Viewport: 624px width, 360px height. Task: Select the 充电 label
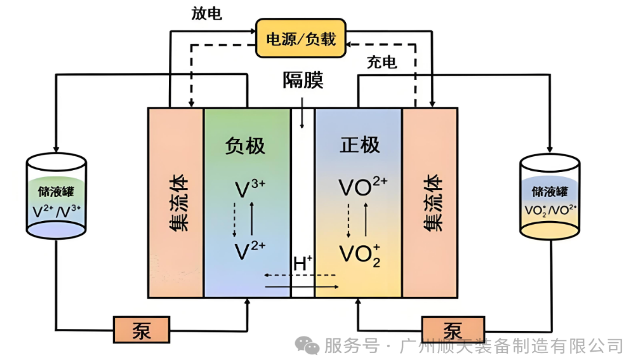[382, 62]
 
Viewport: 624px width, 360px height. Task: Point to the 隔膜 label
[303, 81]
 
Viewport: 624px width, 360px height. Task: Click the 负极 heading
[245, 145]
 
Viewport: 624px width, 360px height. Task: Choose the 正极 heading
[359, 145]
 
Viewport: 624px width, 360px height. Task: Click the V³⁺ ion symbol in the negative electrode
[249, 189]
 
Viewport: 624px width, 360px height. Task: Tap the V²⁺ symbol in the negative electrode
[249, 250]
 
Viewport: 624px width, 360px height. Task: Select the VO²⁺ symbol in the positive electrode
[362, 187]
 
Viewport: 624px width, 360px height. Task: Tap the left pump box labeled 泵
[141, 330]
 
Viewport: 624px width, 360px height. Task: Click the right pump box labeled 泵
[451, 330]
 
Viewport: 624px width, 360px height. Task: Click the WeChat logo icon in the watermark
[309, 345]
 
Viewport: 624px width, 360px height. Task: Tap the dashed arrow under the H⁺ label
[300, 276]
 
